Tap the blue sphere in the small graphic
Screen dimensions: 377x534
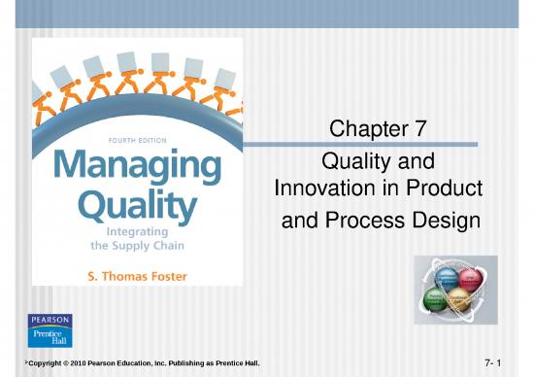point(447,279)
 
